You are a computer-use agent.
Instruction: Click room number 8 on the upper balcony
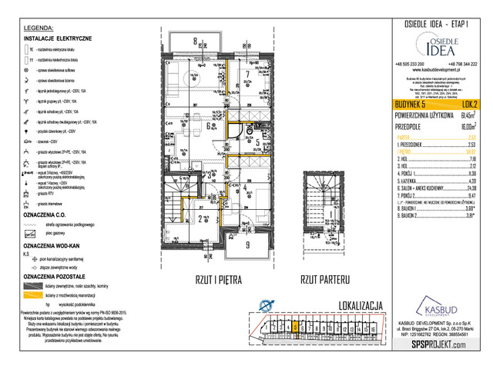tap(196, 42)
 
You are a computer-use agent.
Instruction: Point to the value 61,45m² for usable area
tap(466, 114)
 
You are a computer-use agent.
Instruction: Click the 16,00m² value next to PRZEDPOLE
tap(466, 125)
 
